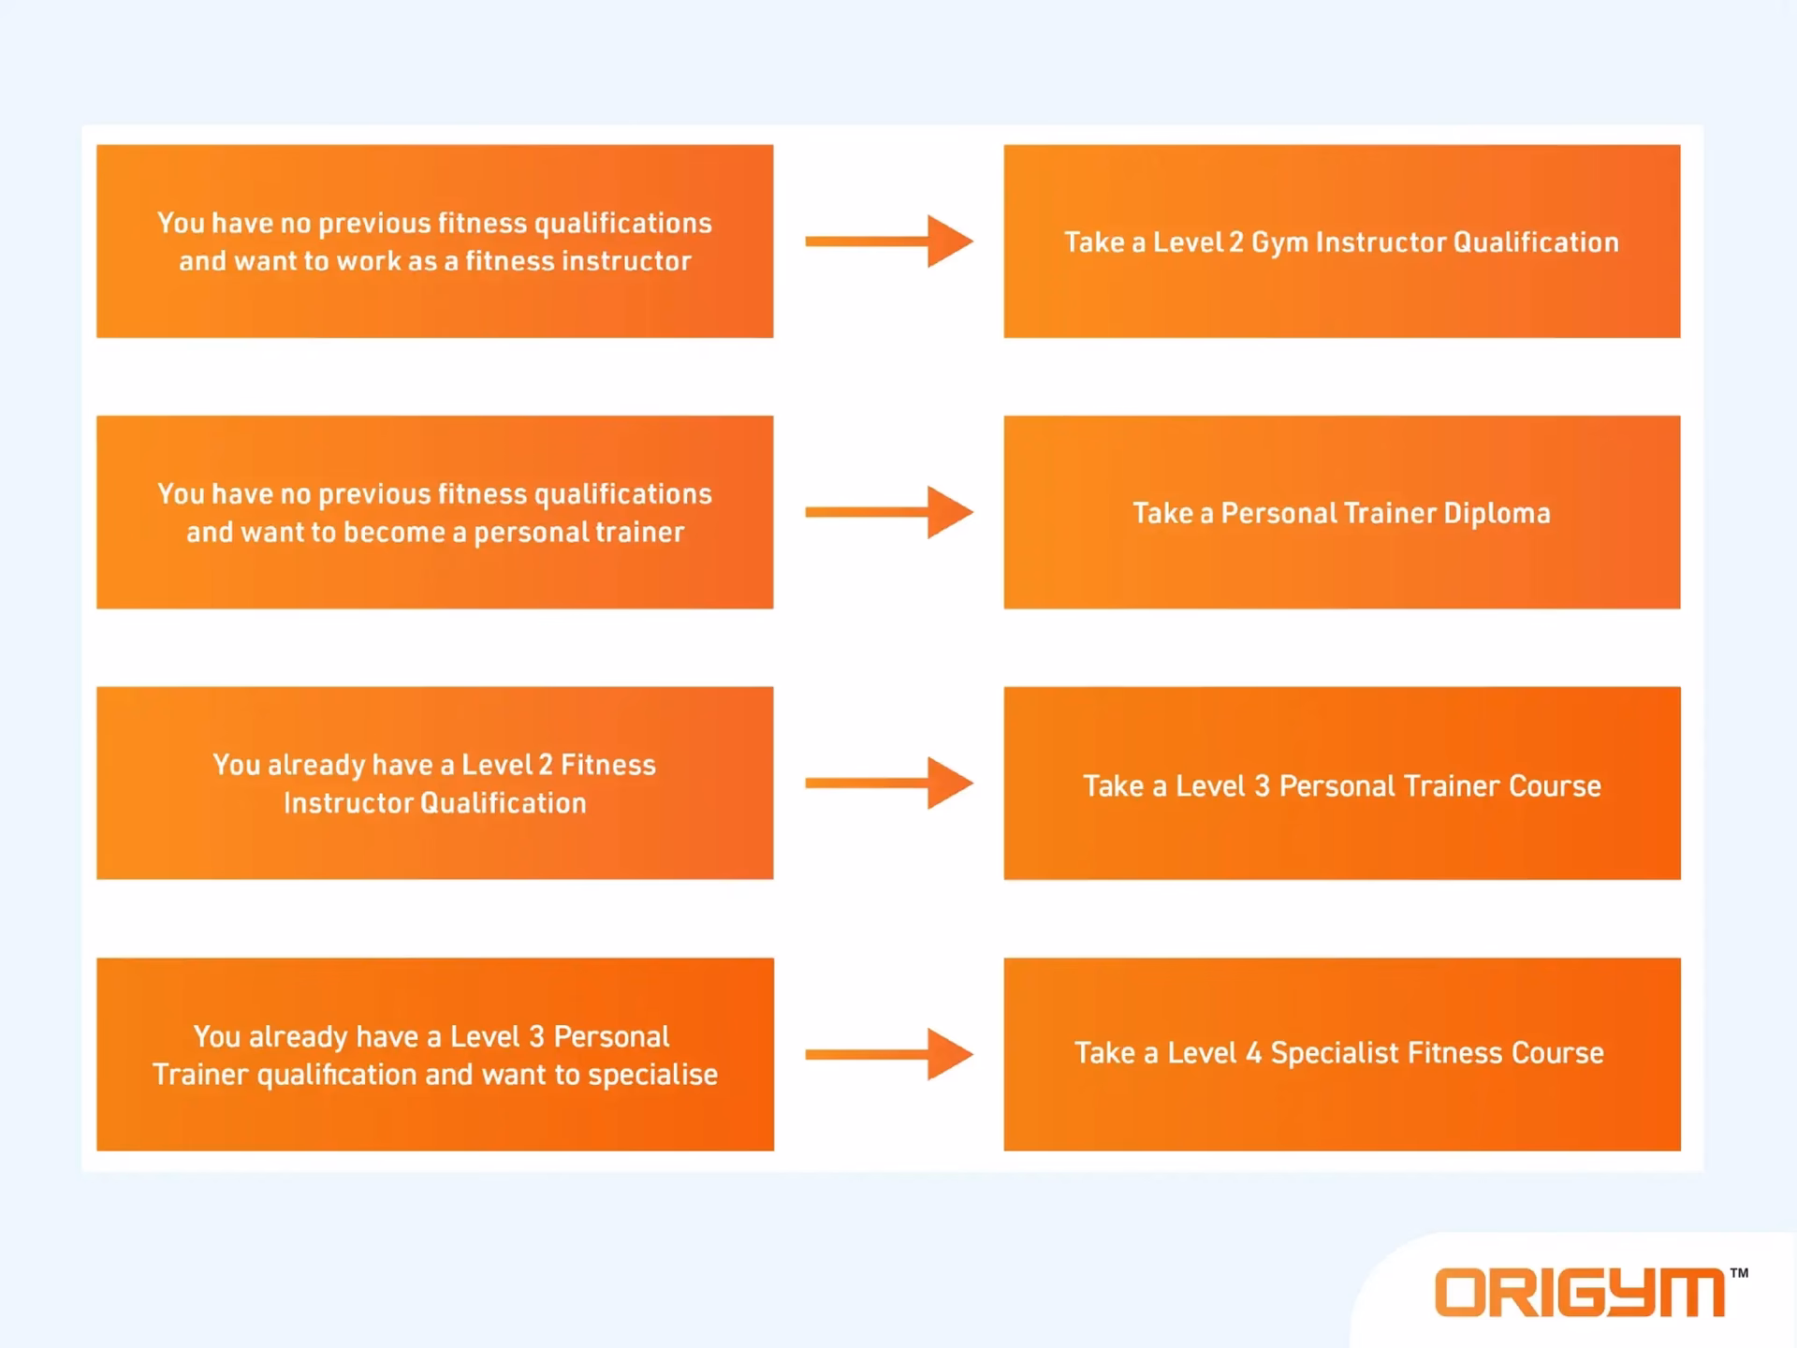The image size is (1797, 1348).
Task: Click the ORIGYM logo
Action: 1580,1293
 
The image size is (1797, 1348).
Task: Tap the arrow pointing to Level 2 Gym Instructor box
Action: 889,242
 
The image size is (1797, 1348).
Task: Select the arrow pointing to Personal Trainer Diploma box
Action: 889,512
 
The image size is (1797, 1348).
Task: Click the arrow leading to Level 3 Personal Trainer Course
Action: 889,783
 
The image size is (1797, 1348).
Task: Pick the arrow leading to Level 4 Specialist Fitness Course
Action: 889,1054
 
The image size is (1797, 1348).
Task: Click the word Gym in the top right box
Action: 1279,243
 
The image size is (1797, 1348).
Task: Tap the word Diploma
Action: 1497,513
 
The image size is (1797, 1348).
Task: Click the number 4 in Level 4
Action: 1253,1053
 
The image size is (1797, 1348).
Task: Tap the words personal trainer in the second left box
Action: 578,532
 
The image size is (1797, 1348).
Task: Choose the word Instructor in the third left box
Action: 347,803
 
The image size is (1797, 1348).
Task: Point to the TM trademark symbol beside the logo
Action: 1739,1273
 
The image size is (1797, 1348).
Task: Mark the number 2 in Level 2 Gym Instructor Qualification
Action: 1235,242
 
